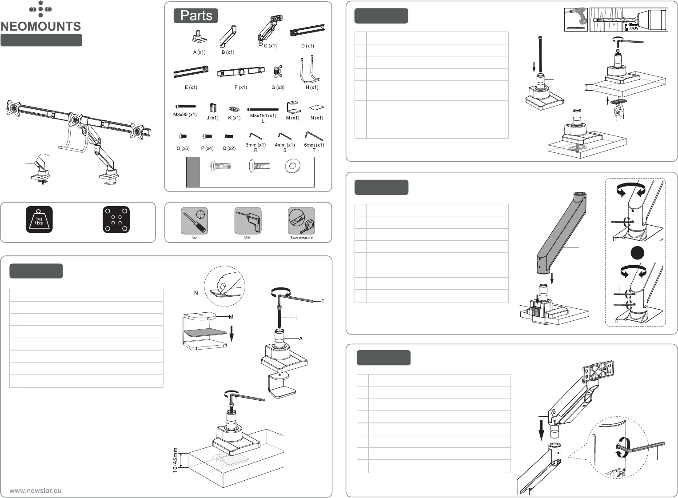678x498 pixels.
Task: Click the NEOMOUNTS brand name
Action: pos(40,26)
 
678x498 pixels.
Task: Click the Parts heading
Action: pos(196,16)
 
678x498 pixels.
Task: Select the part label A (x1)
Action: pos(199,52)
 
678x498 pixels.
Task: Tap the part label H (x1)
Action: pos(312,87)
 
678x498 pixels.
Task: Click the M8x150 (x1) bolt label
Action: pos(263,116)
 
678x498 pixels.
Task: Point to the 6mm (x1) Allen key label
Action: pos(314,145)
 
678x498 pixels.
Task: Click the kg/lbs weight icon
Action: pos(39,219)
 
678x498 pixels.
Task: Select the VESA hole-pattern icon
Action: pos(116,219)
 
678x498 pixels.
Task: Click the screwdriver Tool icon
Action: pos(194,221)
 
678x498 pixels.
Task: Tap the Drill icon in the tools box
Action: pos(248,221)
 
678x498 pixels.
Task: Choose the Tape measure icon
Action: pos(302,221)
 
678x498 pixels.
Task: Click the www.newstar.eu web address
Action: pos(36,490)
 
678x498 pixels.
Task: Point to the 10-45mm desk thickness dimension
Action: pos(175,460)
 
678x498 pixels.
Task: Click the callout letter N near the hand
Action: pos(196,293)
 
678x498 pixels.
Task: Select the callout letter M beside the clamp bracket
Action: pos(231,317)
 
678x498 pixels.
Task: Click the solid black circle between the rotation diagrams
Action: pos(637,253)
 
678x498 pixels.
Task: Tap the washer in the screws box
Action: pos(293,167)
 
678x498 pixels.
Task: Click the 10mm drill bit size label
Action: pos(632,25)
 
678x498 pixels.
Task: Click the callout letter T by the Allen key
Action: pos(323,301)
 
